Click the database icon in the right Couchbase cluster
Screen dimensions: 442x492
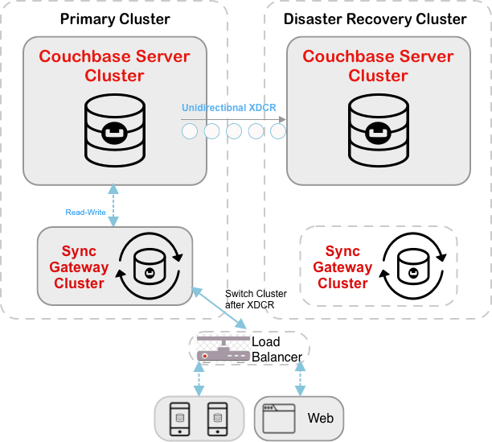pyautogui.click(x=378, y=127)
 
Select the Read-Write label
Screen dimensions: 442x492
pyautogui.click(x=86, y=213)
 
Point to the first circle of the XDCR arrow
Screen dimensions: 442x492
pyautogui.click(x=190, y=131)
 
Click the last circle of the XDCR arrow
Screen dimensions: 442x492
pyautogui.click(x=277, y=131)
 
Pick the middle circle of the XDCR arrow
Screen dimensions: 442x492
pyautogui.click(x=234, y=131)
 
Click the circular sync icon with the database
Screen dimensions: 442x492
pyautogui.click(x=150, y=266)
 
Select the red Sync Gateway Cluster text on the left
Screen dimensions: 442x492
pyautogui.click(x=79, y=267)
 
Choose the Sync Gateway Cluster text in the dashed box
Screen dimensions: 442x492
pyautogui.click(x=342, y=266)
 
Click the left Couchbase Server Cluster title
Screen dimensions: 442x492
pyautogui.click(x=114, y=66)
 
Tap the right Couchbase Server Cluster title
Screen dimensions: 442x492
pyautogui.click(x=378, y=66)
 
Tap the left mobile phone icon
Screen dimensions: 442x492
pyautogui.click(x=180, y=418)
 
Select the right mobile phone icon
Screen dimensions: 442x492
pyautogui.click(x=216, y=418)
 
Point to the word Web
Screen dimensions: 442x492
pyautogui.click(x=320, y=419)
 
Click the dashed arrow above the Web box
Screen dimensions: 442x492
pyautogui.click(x=300, y=378)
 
